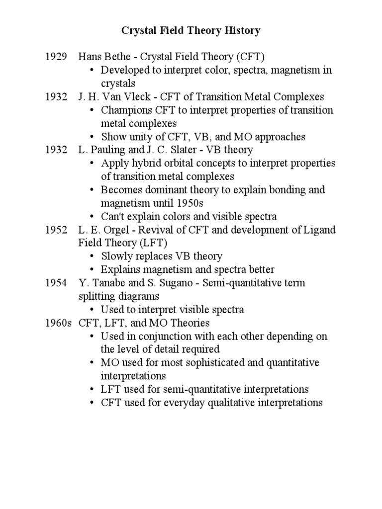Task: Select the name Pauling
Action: (103, 150)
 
